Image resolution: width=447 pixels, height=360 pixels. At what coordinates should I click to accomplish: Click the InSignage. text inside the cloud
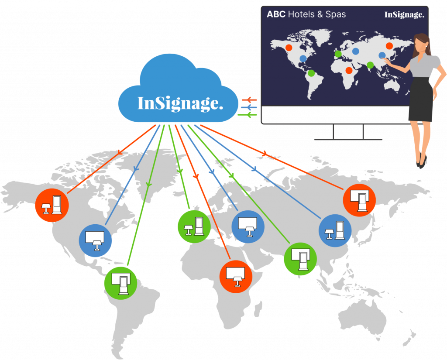pyautogui.click(x=180, y=103)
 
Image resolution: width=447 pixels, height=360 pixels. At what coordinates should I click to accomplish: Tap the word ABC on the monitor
pyautogui.click(x=276, y=14)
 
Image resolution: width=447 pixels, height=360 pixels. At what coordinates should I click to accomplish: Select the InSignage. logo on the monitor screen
pyautogui.click(x=404, y=15)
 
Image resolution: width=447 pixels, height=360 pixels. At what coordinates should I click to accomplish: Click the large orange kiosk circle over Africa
pyautogui.click(x=236, y=277)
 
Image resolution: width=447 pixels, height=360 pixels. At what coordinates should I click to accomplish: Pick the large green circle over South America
pyautogui.click(x=120, y=283)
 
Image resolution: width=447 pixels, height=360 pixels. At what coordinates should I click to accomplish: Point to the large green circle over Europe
pyautogui.click(x=194, y=227)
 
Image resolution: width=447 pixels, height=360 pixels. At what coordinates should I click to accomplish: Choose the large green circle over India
pyautogui.click(x=300, y=259)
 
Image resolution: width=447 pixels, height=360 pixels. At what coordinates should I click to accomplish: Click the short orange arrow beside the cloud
pyautogui.click(x=249, y=99)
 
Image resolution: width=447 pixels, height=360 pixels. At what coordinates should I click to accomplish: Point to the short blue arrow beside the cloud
pyautogui.click(x=249, y=107)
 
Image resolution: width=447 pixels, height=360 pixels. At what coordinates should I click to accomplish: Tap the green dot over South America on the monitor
pyautogui.click(x=311, y=73)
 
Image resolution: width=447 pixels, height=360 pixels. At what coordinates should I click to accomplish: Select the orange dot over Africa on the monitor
pyautogui.click(x=349, y=70)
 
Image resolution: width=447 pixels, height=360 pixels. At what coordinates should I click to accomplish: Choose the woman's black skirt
pyautogui.click(x=421, y=100)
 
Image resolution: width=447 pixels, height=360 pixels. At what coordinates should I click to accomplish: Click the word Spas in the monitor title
pyautogui.click(x=336, y=14)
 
